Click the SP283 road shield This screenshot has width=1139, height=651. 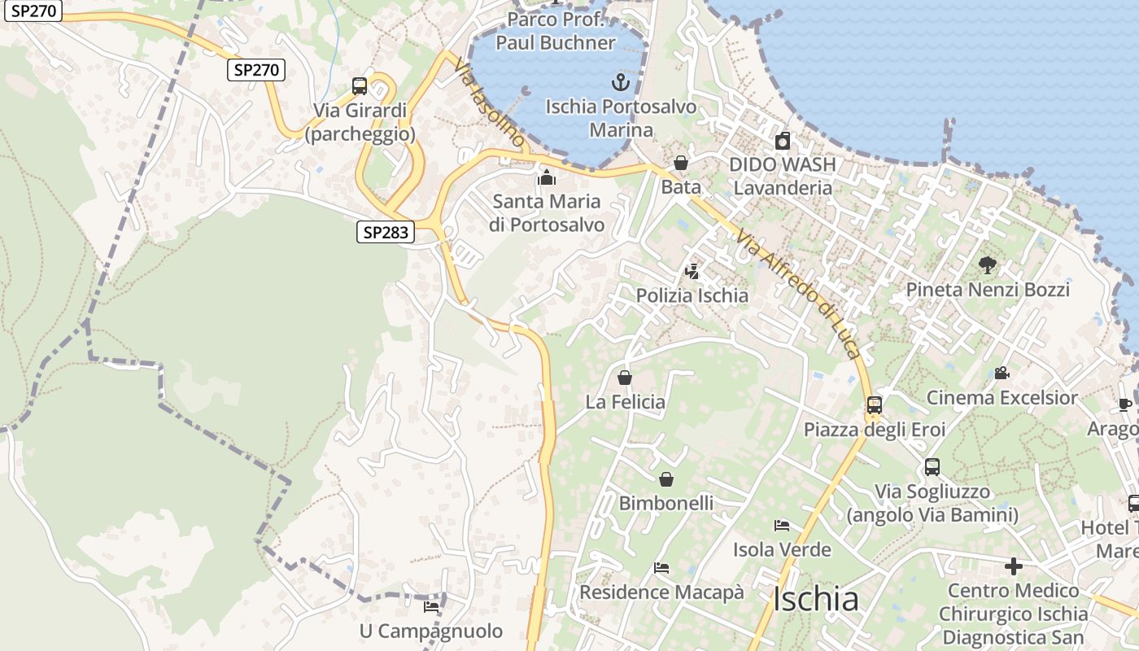pos(386,233)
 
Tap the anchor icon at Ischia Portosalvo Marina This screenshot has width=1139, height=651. pos(621,82)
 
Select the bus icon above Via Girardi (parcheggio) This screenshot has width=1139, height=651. pos(360,86)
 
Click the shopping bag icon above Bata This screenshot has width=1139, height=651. pos(681,164)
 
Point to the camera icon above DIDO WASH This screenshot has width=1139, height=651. pos(783,141)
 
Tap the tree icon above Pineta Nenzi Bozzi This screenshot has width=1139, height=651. pos(988,265)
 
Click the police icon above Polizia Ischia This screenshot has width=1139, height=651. pos(692,271)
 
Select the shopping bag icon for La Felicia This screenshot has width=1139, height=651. pos(625,378)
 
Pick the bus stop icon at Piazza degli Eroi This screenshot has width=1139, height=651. pos(875,405)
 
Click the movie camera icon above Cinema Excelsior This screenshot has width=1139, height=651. pos(1002,374)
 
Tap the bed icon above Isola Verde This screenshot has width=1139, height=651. pos(782,526)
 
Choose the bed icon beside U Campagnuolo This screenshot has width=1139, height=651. pos(431,607)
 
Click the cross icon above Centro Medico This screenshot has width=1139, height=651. pos(1014,566)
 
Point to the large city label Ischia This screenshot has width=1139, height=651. pos(815,600)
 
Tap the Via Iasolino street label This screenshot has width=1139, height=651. pos(490,103)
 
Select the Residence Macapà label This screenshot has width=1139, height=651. pos(661,592)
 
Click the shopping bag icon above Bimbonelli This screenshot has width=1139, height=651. pos(666,479)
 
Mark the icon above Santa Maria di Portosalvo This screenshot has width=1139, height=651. pos(547,177)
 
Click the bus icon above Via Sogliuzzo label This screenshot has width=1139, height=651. pos(932,467)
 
